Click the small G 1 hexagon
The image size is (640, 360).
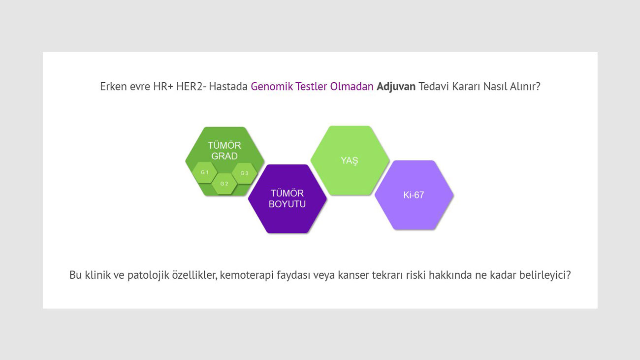pyautogui.click(x=205, y=172)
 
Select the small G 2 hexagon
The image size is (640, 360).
pyautogui.click(x=224, y=184)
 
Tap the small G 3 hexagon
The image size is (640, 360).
pyautogui.click(x=245, y=173)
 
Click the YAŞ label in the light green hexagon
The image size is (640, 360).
pyautogui.click(x=350, y=161)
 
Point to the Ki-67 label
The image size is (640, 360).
pyautogui.click(x=414, y=195)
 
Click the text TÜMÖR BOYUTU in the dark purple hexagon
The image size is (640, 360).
pyautogui.click(x=287, y=198)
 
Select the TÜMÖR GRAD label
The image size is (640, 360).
pyautogui.click(x=224, y=151)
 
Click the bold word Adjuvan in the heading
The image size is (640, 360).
pyautogui.click(x=396, y=87)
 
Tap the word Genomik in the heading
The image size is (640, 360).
pyautogui.click(x=272, y=87)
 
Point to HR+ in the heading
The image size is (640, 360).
pyautogui.click(x=160, y=87)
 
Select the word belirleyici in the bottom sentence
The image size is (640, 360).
pyautogui.click(x=544, y=275)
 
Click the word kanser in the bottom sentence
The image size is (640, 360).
pyautogui.click(x=352, y=275)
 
